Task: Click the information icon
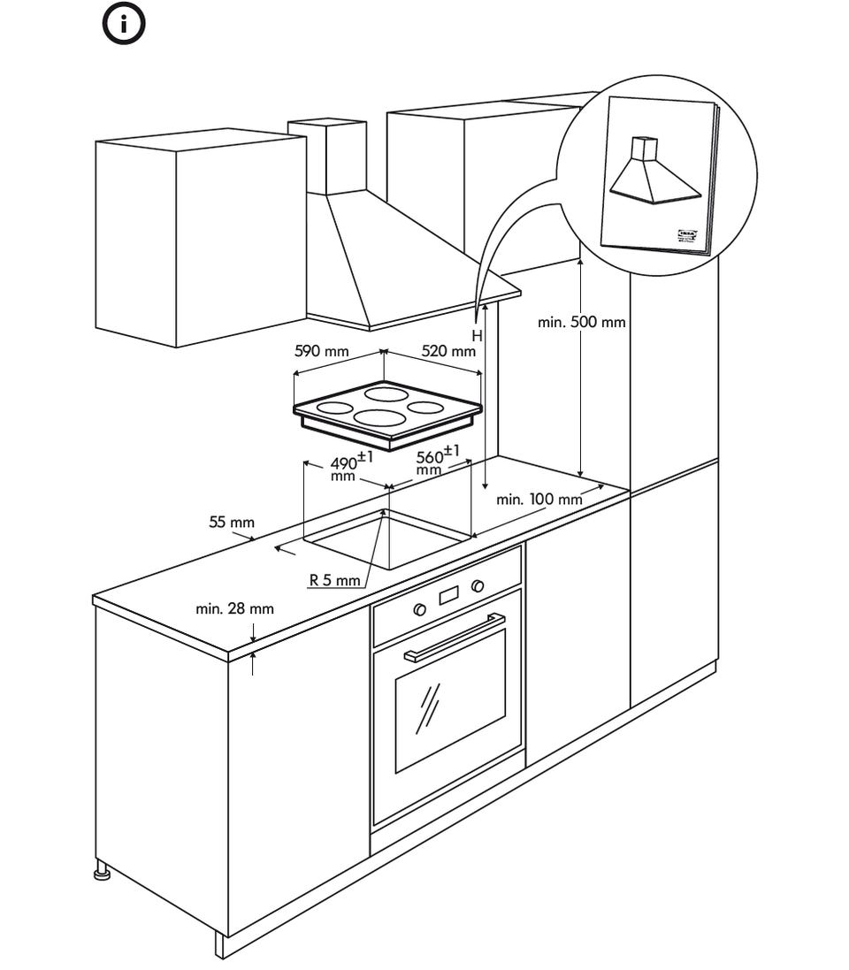(125, 25)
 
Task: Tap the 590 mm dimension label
(321, 351)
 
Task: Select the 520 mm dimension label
(447, 351)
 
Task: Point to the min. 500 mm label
(581, 322)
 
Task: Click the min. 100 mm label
(539, 499)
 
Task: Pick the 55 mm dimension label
(231, 522)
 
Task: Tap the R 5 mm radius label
(334, 581)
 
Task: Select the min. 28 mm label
(234, 608)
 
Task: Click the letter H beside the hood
(476, 336)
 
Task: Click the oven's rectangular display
(449, 595)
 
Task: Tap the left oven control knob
(420, 609)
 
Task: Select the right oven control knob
(478, 585)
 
